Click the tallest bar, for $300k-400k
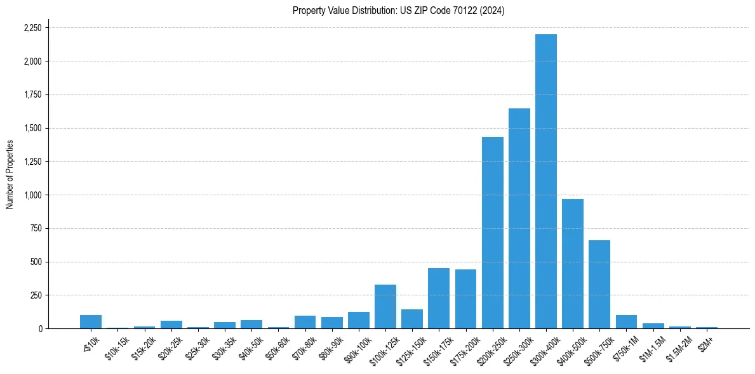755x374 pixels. point(546,181)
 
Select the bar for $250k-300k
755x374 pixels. point(519,219)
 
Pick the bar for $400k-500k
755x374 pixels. point(573,264)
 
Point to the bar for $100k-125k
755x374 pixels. point(385,307)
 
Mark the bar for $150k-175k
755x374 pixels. point(439,299)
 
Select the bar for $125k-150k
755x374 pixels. point(412,319)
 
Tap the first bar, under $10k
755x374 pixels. point(91,322)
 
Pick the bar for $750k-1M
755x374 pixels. point(626,322)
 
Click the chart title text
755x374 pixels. point(399,11)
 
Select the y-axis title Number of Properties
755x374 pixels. point(10,174)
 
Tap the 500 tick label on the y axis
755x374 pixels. point(37,262)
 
